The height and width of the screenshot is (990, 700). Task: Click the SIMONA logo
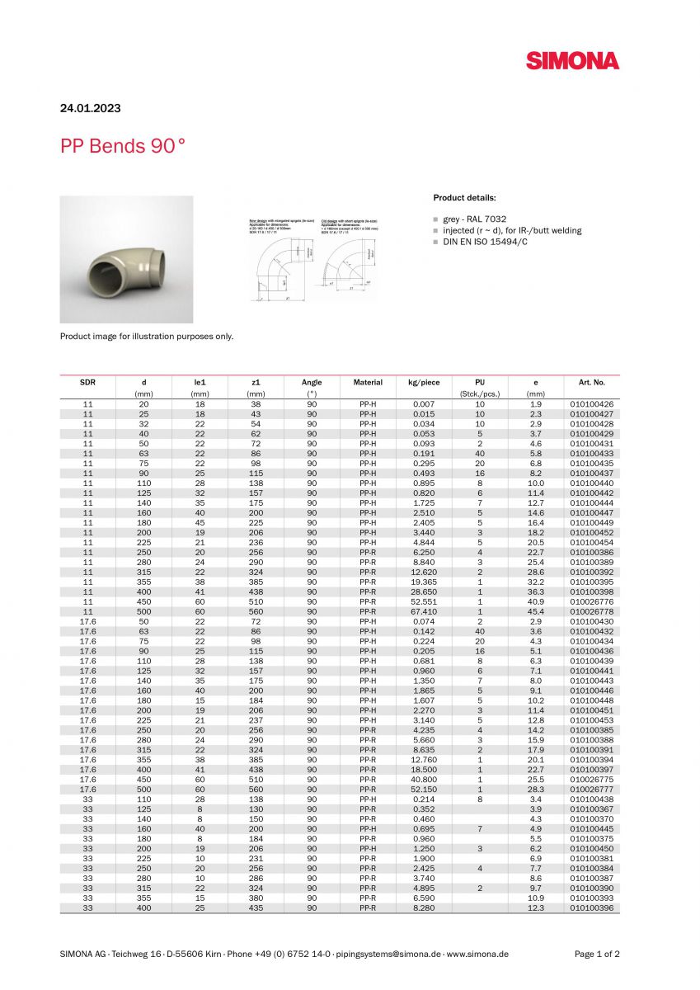click(x=572, y=60)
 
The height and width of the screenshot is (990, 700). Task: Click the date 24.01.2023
click(x=90, y=108)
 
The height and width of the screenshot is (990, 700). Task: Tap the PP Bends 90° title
click(x=123, y=146)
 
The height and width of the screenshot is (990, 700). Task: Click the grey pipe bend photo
click(x=126, y=259)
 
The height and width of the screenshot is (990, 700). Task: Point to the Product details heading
click(x=465, y=198)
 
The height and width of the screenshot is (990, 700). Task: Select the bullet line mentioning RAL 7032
click(x=474, y=219)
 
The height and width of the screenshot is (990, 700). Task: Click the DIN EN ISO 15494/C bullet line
click(x=485, y=242)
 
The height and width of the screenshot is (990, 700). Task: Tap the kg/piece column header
click(x=424, y=383)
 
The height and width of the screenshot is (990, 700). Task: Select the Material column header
click(x=368, y=383)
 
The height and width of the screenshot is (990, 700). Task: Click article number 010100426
click(x=591, y=404)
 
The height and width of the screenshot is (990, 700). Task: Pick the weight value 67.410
click(x=424, y=612)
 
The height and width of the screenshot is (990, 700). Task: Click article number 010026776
click(x=591, y=602)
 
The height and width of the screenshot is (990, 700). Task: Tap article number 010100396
click(x=591, y=907)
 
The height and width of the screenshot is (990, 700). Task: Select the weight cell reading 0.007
click(x=424, y=404)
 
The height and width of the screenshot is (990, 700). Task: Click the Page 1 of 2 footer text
click(x=597, y=954)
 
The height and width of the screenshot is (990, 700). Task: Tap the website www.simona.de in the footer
click(x=477, y=954)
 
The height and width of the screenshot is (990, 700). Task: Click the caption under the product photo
click(x=147, y=336)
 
